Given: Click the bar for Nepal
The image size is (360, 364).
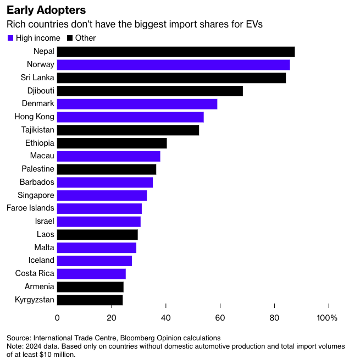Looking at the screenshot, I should tap(176, 52).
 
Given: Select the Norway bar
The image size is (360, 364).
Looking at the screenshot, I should tap(173, 65).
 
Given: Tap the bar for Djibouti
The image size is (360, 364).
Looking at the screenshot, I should tap(149, 91).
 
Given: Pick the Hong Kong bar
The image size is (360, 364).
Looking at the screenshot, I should tap(130, 117).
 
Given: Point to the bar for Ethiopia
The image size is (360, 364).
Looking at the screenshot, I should tap(112, 143).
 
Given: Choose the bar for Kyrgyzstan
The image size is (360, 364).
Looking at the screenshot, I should tap(90, 300).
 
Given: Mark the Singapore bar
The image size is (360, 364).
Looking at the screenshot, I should tap(102, 195).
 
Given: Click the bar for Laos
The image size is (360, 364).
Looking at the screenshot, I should tap(97, 235).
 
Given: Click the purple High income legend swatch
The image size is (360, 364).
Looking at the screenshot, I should tap(10, 38).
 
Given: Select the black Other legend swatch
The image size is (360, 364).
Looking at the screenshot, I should tap(70, 38).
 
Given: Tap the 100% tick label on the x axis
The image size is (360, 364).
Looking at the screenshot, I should tap(327, 318).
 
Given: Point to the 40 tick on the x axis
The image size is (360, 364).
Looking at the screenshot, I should tap(166, 318).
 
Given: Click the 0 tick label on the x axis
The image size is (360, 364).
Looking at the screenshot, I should tap(57, 318).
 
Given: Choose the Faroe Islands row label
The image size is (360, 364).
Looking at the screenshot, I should tap(30, 208).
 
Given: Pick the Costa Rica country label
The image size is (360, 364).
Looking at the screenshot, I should tap(35, 273).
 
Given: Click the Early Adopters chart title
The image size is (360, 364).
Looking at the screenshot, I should tap(46, 10).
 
